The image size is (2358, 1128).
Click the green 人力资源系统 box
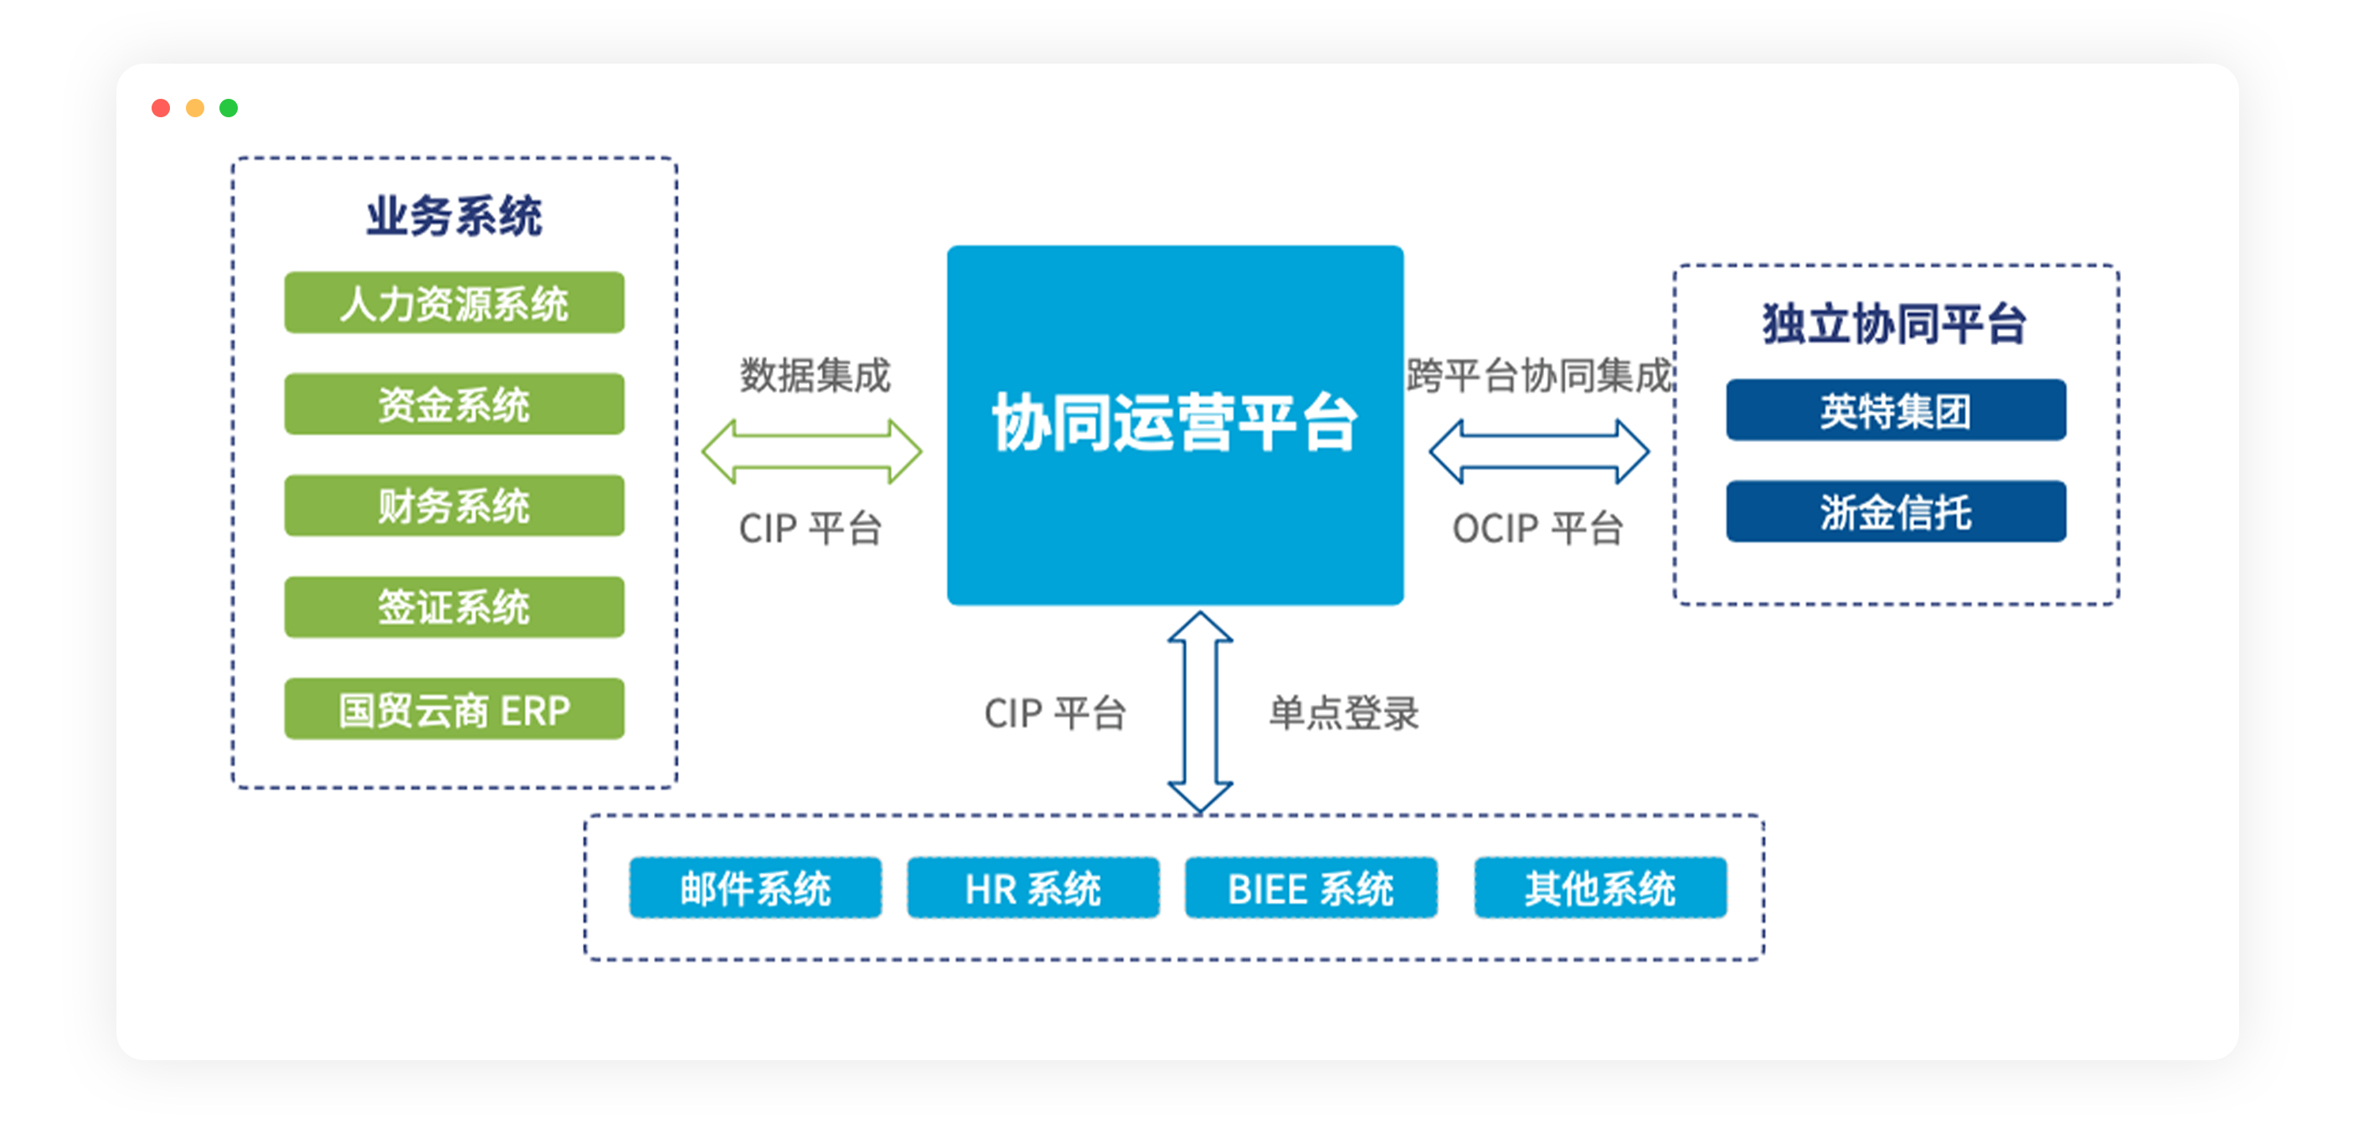coord(454,302)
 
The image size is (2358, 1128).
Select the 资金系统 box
coord(454,404)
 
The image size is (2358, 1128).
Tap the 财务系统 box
coord(454,506)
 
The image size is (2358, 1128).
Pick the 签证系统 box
coord(454,607)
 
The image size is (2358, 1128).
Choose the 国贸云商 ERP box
coord(454,708)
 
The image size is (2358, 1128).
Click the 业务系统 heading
coord(454,216)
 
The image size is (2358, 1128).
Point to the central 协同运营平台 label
coord(1176,422)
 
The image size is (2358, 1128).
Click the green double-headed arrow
coord(812,451)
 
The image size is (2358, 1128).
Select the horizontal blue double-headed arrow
coord(1539,451)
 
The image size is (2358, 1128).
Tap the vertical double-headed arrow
coord(1200,712)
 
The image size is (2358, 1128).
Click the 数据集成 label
coord(815,375)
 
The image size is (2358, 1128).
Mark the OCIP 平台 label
coord(1538,528)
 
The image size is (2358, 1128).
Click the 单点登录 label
coord(1344,713)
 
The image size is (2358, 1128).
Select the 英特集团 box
coord(1896,410)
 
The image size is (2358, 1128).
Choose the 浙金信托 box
coord(1896,511)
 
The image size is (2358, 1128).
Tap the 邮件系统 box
coord(755,887)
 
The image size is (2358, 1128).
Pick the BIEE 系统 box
coord(1310,887)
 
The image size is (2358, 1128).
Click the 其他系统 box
coord(1600,887)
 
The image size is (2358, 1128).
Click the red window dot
coord(161,108)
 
